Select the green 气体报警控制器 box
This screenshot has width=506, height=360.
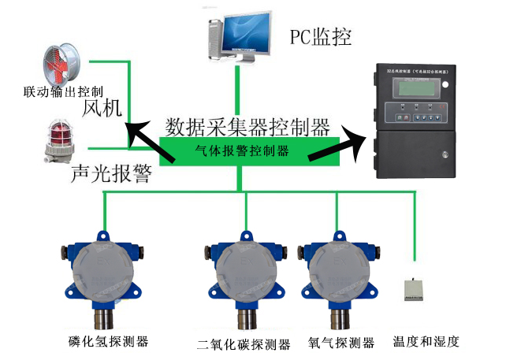[240, 150]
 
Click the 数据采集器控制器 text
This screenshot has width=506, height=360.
[247, 126]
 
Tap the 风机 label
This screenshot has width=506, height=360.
[102, 109]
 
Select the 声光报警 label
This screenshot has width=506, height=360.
[110, 174]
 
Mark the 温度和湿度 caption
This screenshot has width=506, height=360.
[426, 342]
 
